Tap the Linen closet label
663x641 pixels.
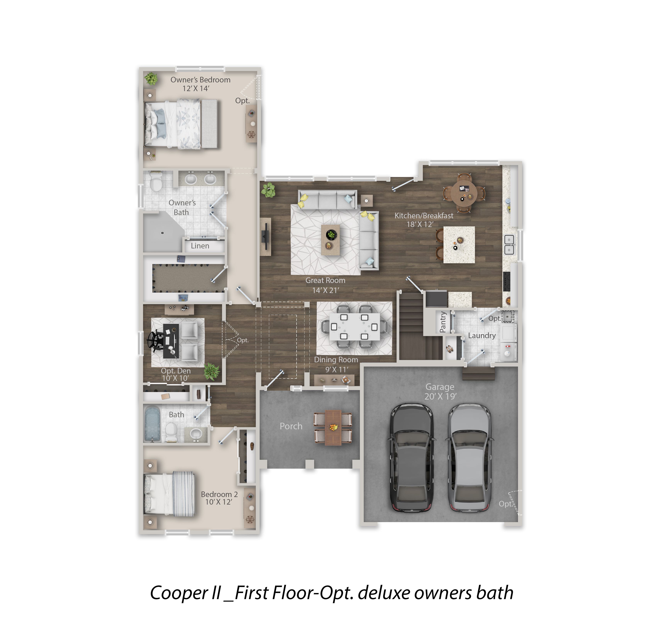pos(200,246)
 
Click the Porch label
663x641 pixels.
pos(291,426)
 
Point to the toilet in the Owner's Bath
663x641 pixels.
pos(156,182)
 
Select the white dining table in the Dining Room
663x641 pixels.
pos(354,327)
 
